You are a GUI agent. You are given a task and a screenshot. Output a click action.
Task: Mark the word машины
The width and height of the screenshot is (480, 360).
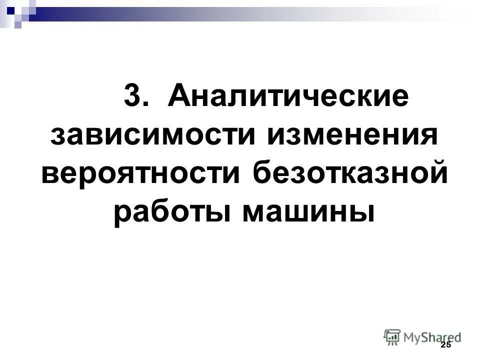coord(308,214)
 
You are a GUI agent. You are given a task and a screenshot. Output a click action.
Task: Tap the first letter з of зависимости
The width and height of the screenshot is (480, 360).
coord(58,136)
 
